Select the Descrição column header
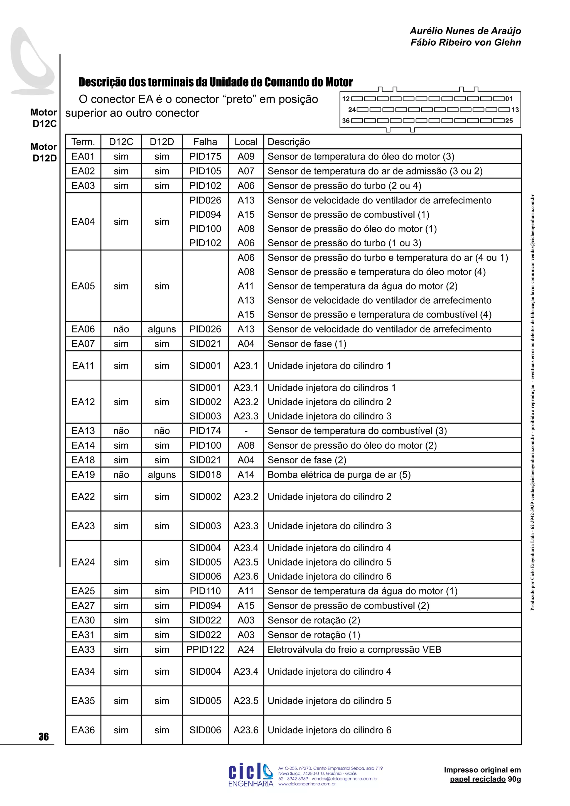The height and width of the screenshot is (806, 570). (x=289, y=142)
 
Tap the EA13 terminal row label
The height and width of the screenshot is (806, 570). (x=83, y=431)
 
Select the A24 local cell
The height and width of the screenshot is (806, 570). (x=246, y=649)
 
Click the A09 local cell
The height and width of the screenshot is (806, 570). (x=246, y=157)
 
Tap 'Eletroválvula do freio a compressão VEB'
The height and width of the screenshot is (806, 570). (x=354, y=649)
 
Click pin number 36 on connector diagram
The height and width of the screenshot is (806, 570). (x=346, y=121)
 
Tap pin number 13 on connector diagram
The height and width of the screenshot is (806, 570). (x=515, y=110)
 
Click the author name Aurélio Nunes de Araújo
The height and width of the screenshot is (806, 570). (x=465, y=31)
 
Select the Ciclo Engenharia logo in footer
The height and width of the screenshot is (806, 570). (x=250, y=775)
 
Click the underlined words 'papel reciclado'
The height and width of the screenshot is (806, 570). (x=477, y=779)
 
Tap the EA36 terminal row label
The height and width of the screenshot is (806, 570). (x=83, y=730)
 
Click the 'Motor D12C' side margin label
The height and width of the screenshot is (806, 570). (x=44, y=118)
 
